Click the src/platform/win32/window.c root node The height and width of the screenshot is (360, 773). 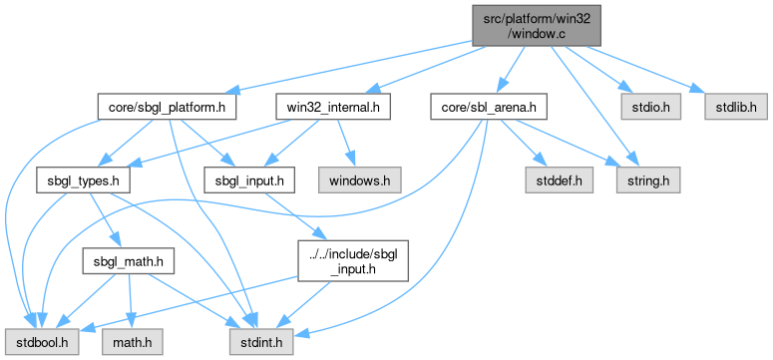pyautogui.click(x=537, y=26)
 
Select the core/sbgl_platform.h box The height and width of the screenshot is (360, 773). pyautogui.click(x=167, y=107)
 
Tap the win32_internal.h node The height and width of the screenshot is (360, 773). pyautogui.click(x=333, y=107)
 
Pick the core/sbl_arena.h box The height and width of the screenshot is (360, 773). pyautogui.click(x=489, y=107)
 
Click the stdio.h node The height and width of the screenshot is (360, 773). pyautogui.click(x=651, y=107)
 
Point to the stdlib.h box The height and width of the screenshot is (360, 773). pyautogui.click(x=735, y=107)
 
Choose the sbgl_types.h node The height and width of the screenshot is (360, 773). pyautogui.click(x=83, y=180)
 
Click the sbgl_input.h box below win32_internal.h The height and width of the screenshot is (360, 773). pyautogui.click(x=250, y=180)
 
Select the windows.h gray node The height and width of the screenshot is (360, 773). pyautogui.click(x=359, y=180)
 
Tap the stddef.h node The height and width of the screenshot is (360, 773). pyautogui.click(x=559, y=180)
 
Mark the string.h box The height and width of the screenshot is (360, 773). pyautogui.click(x=647, y=180)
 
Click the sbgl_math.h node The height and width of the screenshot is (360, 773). pyautogui.click(x=129, y=261)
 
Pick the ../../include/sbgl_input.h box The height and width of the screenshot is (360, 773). pyautogui.click(x=353, y=261)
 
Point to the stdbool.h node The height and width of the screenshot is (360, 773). pyautogui.click(x=42, y=342)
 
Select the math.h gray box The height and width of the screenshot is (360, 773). pyautogui.click(x=132, y=342)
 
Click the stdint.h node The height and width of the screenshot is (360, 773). pyautogui.click(x=261, y=342)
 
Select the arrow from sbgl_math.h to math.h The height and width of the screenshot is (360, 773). pyautogui.click(x=130, y=301)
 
